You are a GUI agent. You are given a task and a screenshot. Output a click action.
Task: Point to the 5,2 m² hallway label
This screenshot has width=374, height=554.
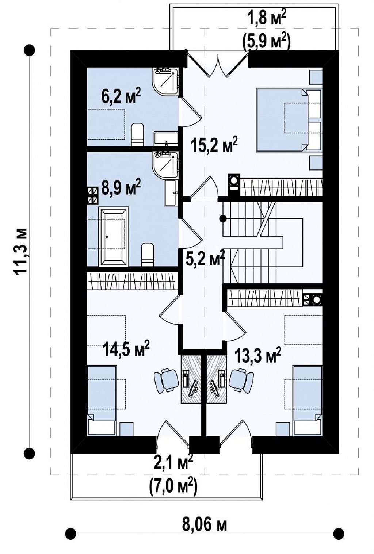(205, 258)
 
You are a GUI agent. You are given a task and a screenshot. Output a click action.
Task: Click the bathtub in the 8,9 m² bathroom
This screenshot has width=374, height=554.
(114, 237)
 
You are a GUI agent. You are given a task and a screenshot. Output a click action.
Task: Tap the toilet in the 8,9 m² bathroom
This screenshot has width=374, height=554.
(148, 255)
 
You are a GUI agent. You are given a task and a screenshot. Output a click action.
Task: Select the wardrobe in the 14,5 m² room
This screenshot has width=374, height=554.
(133, 281)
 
